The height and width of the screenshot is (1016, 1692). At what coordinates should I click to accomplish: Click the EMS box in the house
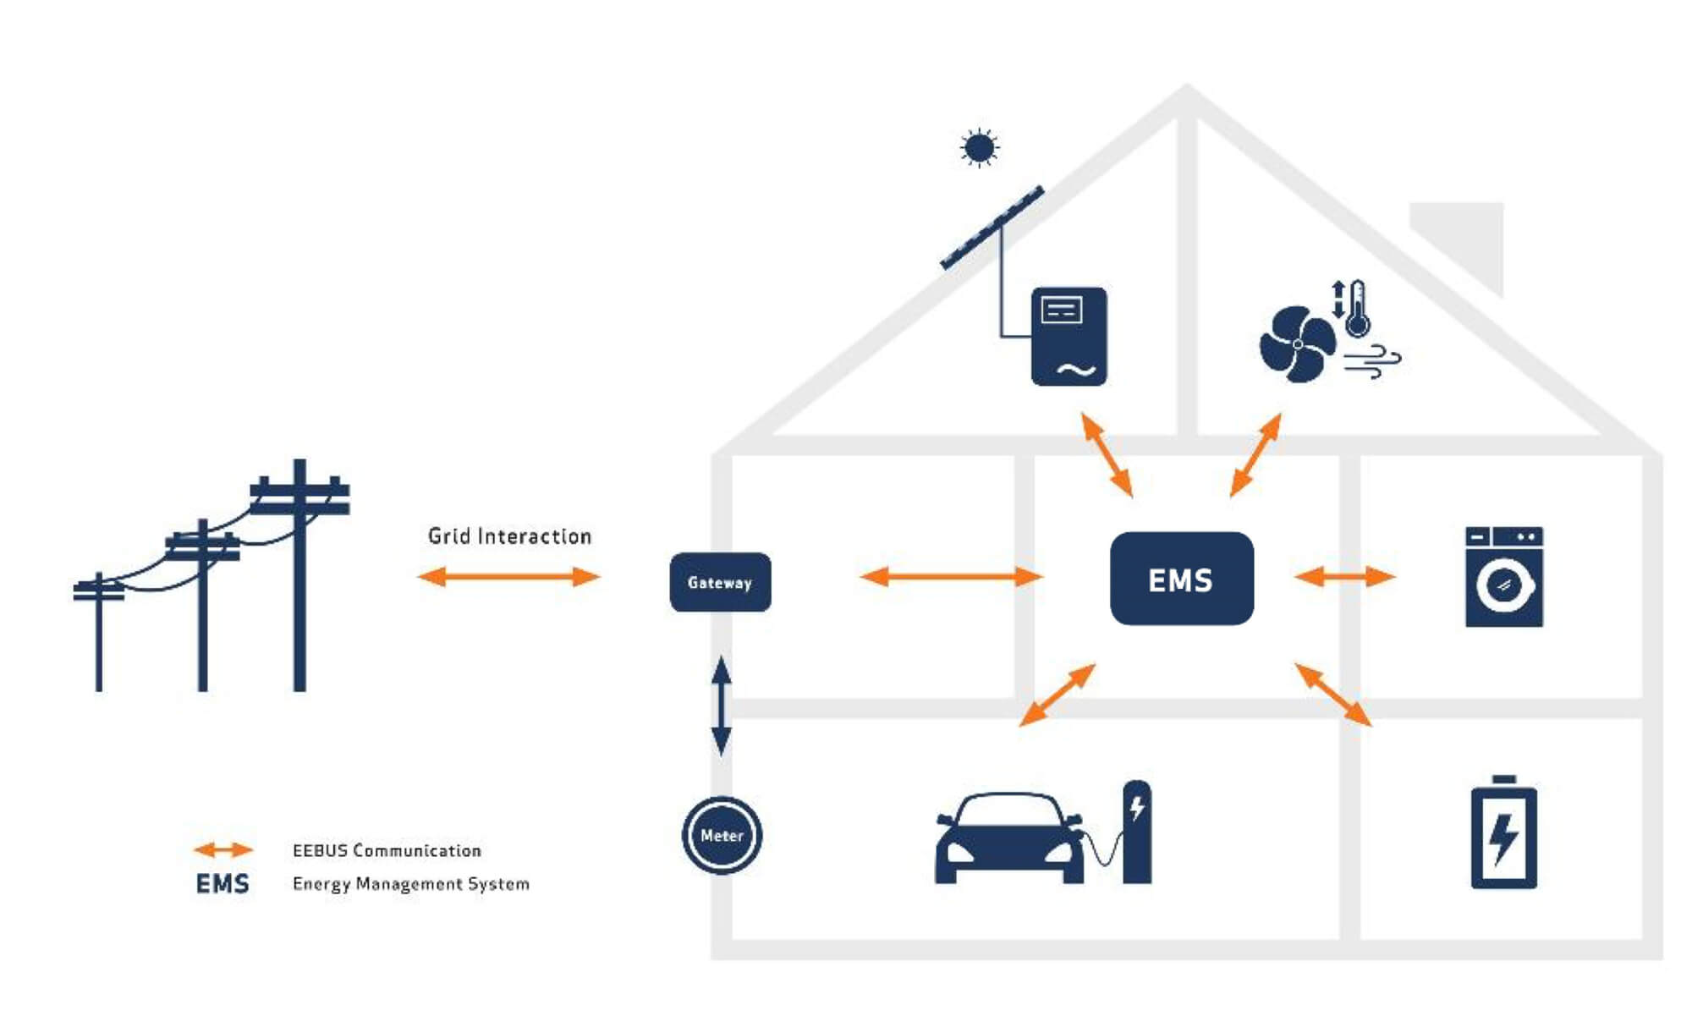coord(1181,579)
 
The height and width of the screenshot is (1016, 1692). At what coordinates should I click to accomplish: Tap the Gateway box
coord(720,582)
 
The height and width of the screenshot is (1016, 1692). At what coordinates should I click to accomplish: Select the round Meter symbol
coord(722,835)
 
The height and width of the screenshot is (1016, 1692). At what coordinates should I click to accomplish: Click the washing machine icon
coord(1503,577)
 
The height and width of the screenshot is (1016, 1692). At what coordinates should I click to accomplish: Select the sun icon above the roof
coord(979,148)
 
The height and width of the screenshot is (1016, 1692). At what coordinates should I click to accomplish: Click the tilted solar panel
coord(992,228)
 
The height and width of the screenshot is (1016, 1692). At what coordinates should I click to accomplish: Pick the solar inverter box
coord(1068,337)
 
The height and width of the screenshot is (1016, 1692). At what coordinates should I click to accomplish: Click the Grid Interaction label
coord(509,536)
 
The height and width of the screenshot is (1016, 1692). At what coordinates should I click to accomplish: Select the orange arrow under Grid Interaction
coord(508,577)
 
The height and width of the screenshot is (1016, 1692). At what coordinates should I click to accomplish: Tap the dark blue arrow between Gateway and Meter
coord(721,706)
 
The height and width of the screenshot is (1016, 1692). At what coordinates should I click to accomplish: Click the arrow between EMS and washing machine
coord(1344,577)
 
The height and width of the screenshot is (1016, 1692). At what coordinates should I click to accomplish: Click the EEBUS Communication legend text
coord(387,850)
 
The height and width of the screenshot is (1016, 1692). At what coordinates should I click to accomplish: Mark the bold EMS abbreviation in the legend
coord(222,884)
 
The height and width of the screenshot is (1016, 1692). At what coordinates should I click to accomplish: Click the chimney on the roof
coord(1468,237)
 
